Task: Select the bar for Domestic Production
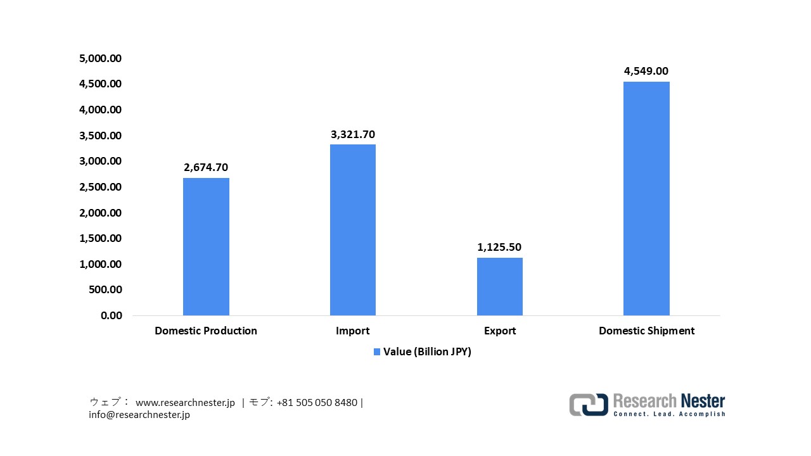(206, 246)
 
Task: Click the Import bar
(353, 230)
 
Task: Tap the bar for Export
(500, 286)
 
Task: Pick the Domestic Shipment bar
(646, 198)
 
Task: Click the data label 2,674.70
(206, 168)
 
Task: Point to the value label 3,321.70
(353, 134)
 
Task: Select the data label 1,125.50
(500, 247)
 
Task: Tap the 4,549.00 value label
(646, 72)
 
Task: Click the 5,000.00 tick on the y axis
(100, 58)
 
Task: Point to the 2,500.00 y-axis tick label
(100, 187)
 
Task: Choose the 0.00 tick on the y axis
(111, 315)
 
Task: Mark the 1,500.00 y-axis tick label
(100, 238)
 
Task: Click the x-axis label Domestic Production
(206, 331)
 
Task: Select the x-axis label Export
(500, 331)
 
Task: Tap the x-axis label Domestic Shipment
(646, 331)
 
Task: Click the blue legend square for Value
(377, 352)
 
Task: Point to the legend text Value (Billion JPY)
(427, 352)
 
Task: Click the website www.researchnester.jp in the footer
(185, 403)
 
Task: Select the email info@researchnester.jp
(139, 415)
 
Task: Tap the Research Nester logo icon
(589, 405)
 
